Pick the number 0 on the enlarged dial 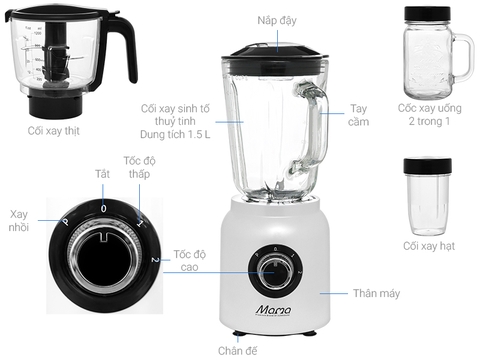101,206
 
